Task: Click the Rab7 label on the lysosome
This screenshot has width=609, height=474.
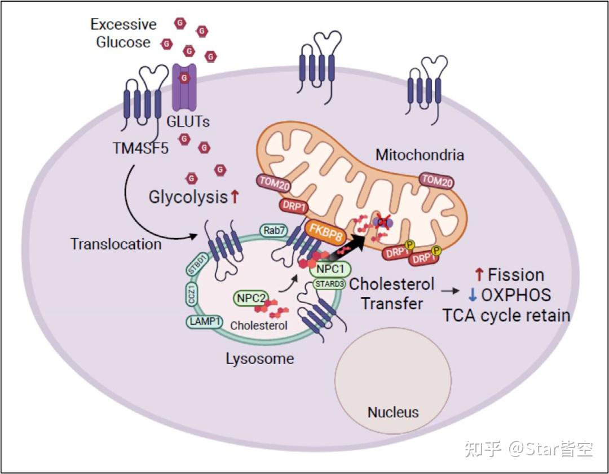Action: tap(274, 230)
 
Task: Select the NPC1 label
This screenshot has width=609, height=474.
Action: tap(330, 269)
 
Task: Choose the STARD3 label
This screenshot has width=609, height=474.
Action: tap(329, 284)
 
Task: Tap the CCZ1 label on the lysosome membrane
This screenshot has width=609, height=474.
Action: tap(191, 295)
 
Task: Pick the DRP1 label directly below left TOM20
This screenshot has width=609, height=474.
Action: tap(294, 206)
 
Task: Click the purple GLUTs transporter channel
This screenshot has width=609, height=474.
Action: tap(184, 87)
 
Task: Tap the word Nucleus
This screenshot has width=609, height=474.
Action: tap(393, 412)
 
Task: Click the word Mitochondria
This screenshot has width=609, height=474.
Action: tap(420, 155)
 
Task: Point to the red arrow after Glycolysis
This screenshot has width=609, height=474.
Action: tap(235, 197)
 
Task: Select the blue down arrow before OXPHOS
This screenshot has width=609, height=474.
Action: tap(473, 295)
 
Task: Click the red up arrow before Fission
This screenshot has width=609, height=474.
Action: tap(479, 275)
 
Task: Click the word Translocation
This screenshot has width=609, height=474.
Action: tap(116, 244)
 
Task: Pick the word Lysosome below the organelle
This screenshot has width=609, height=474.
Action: tap(260, 359)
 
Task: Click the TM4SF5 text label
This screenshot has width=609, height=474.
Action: tap(140, 148)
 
